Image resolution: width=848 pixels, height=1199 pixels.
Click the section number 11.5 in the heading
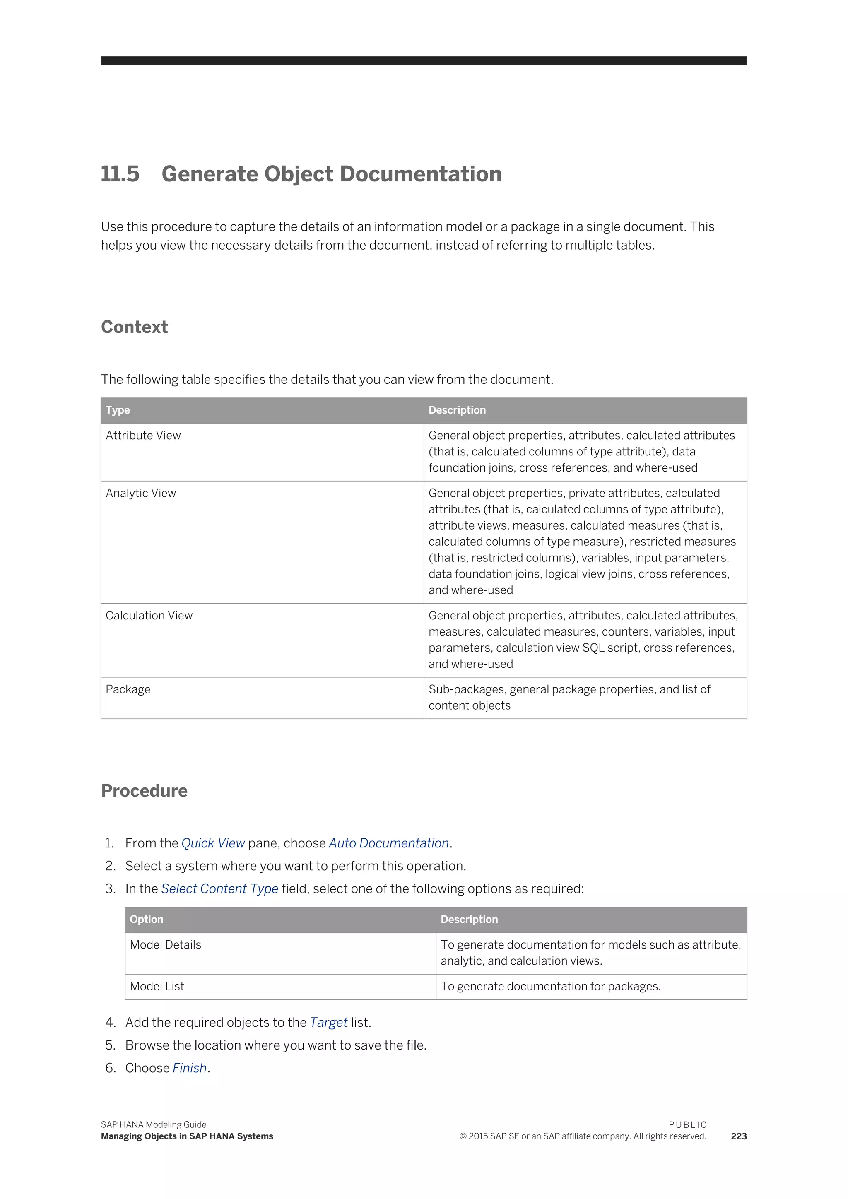(120, 174)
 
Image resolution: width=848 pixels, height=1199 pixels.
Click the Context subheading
(134, 327)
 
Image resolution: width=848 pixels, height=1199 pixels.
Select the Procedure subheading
(144, 791)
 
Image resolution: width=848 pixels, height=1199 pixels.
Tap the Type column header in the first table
(118, 410)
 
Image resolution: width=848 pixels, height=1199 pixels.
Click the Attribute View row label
(143, 436)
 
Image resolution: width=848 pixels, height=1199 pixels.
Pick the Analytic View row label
(141, 493)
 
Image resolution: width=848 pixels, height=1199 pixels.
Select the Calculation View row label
(149, 616)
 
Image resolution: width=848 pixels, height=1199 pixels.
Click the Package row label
(128, 689)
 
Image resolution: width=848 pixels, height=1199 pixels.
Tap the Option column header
(146, 919)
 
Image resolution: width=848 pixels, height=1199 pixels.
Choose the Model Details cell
(166, 945)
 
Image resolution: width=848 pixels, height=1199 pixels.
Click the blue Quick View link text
(213, 843)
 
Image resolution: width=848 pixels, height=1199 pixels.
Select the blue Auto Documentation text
(388, 843)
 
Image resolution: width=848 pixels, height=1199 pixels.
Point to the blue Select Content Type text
(219, 889)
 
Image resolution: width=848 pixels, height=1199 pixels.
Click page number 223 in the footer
(738, 1136)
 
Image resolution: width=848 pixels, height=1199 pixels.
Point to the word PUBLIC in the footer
(687, 1125)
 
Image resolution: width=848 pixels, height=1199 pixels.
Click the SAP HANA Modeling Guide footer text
(154, 1125)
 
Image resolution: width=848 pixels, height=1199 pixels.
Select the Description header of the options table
(469, 919)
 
